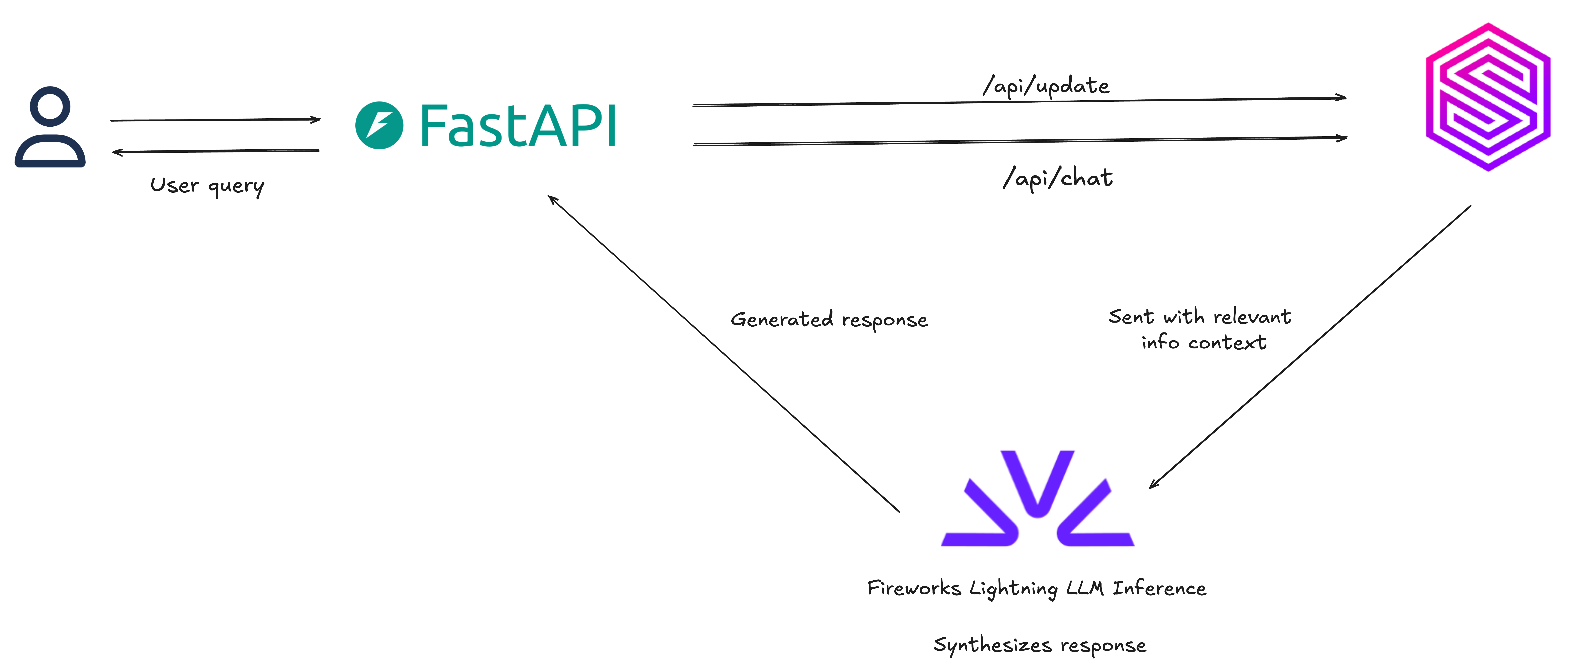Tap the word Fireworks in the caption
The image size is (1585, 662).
click(x=914, y=588)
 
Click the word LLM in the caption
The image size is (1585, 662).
click(x=1084, y=588)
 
